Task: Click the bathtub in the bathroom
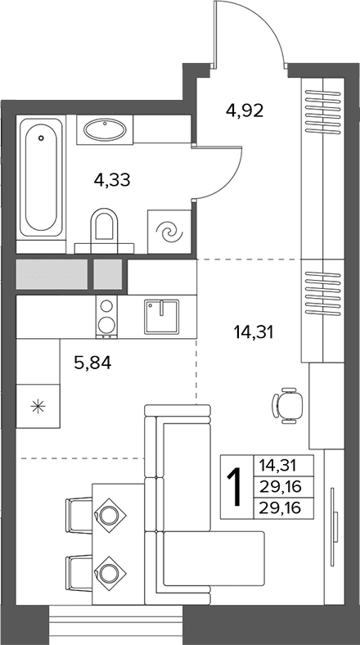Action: click(41, 178)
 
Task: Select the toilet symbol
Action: click(104, 226)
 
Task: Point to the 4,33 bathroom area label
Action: click(112, 180)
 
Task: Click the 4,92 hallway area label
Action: click(245, 111)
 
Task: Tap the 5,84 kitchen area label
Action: click(93, 363)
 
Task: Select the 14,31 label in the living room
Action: click(254, 332)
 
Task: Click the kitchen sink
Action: click(161, 316)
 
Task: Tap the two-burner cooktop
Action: click(106, 316)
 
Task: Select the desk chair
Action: click(287, 405)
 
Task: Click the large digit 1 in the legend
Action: click(236, 488)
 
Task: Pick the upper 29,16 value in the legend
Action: click(281, 488)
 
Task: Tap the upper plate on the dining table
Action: click(109, 516)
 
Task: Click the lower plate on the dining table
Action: click(109, 573)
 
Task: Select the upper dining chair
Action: click(79, 516)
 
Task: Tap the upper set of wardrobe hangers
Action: click(323, 111)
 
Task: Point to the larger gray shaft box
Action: click(52, 274)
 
